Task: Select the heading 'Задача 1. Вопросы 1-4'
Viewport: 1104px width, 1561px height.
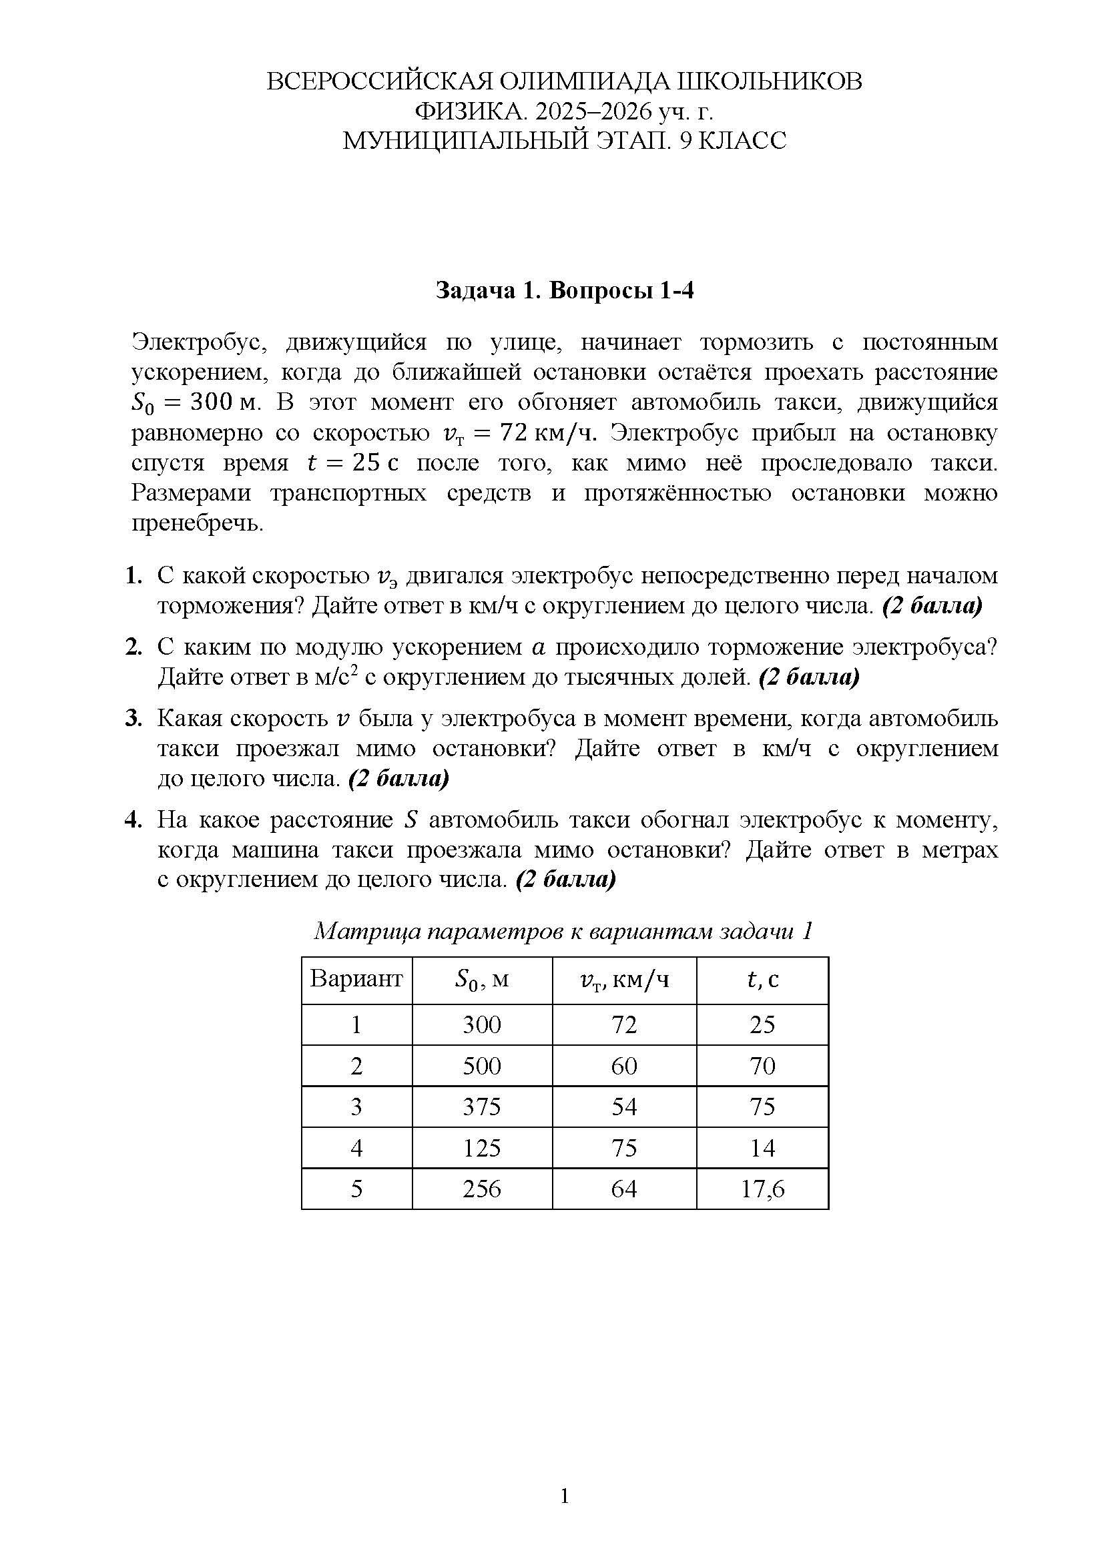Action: [x=564, y=291]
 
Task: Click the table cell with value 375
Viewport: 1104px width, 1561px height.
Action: [x=481, y=1107]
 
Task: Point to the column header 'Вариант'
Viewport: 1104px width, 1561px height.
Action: [x=356, y=979]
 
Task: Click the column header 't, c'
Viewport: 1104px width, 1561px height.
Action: [x=762, y=980]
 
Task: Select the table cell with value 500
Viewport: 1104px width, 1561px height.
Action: [x=481, y=1065]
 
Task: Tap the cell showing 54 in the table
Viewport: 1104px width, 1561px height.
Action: [x=623, y=1107]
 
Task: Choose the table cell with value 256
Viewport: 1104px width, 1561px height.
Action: [x=481, y=1189]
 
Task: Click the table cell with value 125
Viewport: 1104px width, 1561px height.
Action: [x=481, y=1149]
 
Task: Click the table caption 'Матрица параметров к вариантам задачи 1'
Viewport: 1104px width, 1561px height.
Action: [x=563, y=931]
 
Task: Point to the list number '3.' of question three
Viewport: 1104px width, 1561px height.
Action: [x=133, y=719]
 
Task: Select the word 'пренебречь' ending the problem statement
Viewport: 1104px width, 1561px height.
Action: [x=196, y=523]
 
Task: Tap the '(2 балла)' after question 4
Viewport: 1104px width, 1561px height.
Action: [x=565, y=880]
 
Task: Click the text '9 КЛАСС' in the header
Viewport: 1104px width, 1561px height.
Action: [x=733, y=141]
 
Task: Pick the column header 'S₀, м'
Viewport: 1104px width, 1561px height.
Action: [x=481, y=980]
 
